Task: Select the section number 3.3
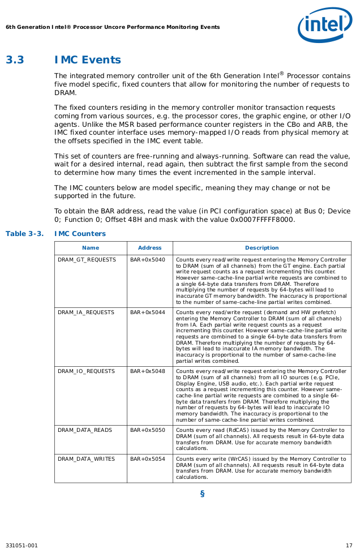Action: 15,60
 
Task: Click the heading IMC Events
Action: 88,60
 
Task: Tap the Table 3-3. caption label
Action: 24,234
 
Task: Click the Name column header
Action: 91,248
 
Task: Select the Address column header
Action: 150,248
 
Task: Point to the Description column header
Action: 262,248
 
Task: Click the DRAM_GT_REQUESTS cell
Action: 87,260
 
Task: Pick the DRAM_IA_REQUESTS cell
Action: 86,312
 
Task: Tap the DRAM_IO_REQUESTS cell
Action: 86,371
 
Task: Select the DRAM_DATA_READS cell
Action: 85,430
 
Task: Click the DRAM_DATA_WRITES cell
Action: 86,459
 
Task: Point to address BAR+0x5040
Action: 148,260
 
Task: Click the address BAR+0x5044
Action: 148,312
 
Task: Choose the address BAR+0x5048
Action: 148,371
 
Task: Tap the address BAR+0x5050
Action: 148,430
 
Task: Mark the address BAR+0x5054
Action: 148,459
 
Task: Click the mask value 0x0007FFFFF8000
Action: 262,220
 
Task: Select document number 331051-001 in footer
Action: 22,546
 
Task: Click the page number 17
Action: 349,546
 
